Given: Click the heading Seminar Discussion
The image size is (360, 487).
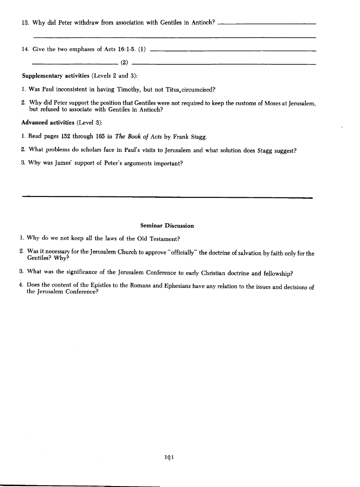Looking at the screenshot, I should [x=167, y=226].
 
